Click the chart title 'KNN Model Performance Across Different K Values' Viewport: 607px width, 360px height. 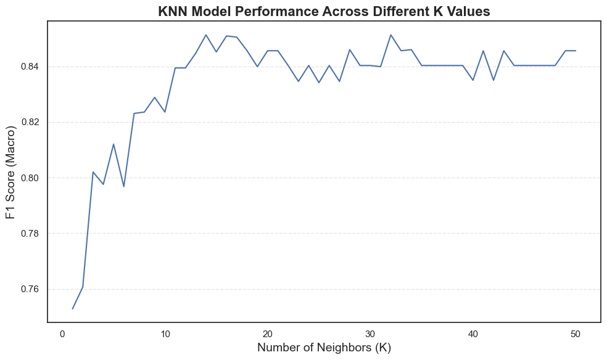point(324,11)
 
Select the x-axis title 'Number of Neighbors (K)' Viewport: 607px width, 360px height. point(324,348)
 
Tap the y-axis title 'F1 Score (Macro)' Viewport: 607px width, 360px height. point(10,171)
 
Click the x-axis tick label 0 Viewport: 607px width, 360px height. point(62,333)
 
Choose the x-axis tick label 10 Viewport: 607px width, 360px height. point(165,333)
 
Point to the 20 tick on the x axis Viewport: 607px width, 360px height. point(268,333)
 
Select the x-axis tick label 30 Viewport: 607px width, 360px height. point(370,333)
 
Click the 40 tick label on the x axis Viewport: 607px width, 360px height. point(473,333)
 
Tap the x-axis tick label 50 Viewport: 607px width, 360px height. point(576,333)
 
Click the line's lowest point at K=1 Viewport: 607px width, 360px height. point(73,309)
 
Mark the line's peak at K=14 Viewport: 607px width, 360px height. point(206,35)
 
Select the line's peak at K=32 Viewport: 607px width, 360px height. point(390,35)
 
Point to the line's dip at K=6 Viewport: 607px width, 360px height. point(124,186)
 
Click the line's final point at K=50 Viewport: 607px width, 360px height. point(576,51)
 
